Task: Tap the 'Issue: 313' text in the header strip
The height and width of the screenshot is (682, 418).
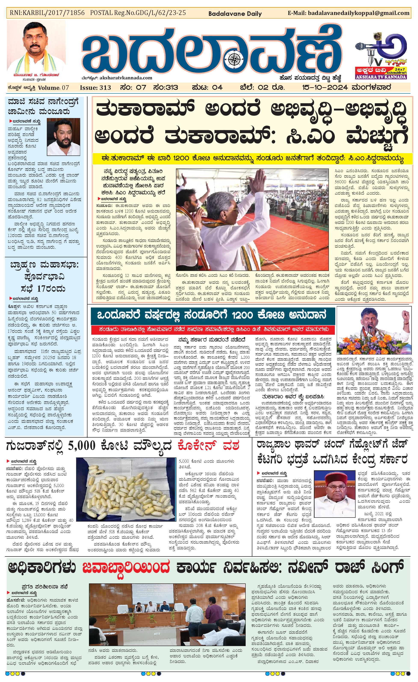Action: pos(95,88)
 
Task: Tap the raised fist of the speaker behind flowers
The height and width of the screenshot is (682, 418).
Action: pos(406,315)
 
